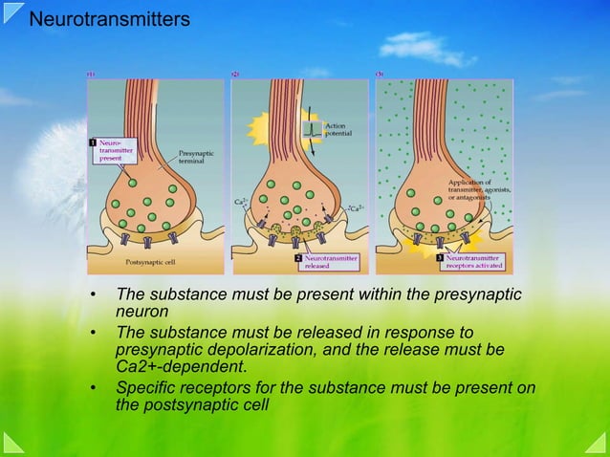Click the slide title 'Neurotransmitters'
point(109,19)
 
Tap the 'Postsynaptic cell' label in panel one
point(152,261)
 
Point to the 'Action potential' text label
point(338,129)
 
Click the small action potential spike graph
point(311,131)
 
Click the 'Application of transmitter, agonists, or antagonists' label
point(476,188)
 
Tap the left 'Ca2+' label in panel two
point(241,203)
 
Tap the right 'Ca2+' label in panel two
point(355,207)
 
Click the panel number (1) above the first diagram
point(91,74)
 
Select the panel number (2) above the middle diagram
point(235,74)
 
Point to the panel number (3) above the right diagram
point(380,74)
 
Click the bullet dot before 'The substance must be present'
point(94,294)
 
